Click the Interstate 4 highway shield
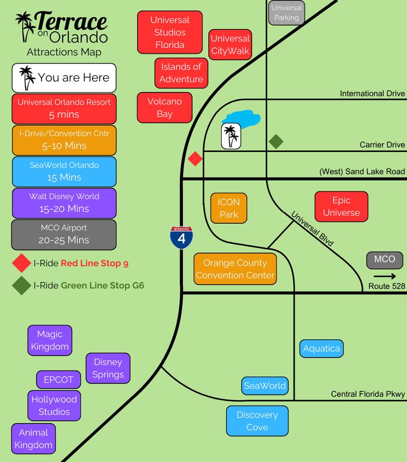[x=181, y=237]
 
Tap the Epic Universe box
[x=341, y=206]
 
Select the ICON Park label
[x=229, y=208]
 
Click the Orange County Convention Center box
[x=235, y=269]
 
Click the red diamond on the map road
[x=195, y=159]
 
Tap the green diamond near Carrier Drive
[x=276, y=141]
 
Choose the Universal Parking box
[x=286, y=13]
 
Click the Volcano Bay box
[x=165, y=108]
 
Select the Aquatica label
[x=321, y=348]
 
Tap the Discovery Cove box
[x=257, y=421]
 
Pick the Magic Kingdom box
[x=50, y=340]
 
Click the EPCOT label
[x=58, y=380]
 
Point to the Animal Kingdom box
[x=33, y=438]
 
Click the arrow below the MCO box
[x=384, y=276]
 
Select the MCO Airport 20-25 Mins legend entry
[x=64, y=234]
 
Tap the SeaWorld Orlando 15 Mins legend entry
[x=64, y=171]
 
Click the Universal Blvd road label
[x=312, y=229]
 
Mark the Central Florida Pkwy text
[x=368, y=394]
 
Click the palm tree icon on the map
[x=231, y=136]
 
